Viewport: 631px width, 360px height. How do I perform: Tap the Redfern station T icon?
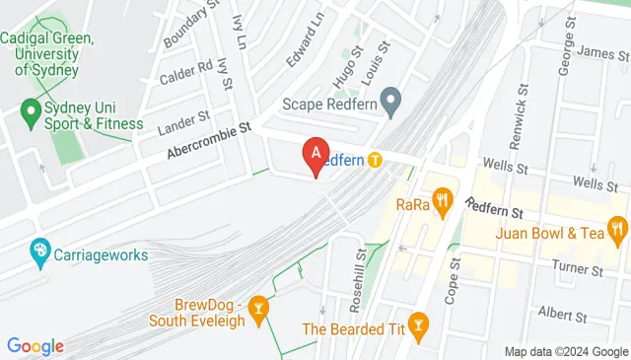pyautogui.click(x=376, y=159)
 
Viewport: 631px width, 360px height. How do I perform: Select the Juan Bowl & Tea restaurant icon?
pyautogui.click(x=617, y=233)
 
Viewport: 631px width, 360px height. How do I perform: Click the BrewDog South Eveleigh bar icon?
pyautogui.click(x=258, y=310)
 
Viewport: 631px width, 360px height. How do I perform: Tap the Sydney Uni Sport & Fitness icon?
pyautogui.click(x=29, y=115)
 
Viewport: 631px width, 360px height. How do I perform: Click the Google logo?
pyautogui.click(x=35, y=346)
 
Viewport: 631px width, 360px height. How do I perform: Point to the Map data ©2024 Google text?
pyautogui.click(x=566, y=352)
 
